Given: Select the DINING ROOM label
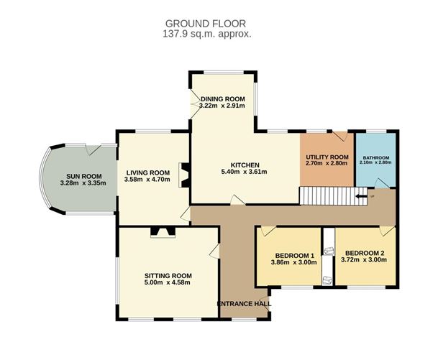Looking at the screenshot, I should coord(223,98).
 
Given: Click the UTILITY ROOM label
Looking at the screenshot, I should coord(327,156).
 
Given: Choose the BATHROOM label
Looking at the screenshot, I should coord(375,157).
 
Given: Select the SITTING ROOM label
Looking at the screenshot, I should coord(168,275).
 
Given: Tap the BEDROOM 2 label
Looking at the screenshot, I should coord(365,253).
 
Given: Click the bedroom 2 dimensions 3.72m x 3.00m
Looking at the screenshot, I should coord(365,262).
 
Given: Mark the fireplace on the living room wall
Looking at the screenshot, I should coord(184,175).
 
